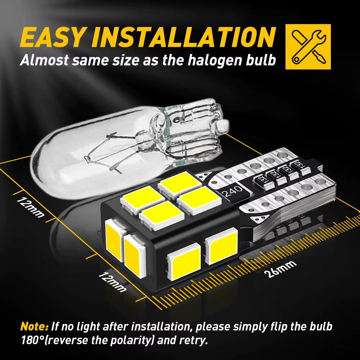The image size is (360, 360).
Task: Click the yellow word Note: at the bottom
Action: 34,327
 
